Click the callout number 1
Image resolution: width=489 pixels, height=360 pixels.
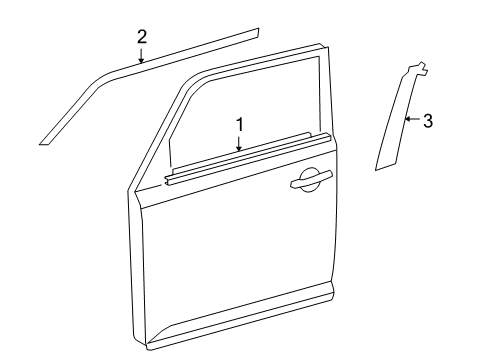(x=240, y=124)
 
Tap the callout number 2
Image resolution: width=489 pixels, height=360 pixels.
(x=141, y=37)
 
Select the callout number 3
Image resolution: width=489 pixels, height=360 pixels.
(x=428, y=121)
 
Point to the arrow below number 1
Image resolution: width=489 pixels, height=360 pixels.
(x=240, y=143)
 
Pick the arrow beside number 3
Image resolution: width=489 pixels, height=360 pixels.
(x=410, y=121)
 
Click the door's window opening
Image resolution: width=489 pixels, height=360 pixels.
(x=250, y=110)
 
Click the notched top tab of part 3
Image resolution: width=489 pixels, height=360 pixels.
(x=420, y=69)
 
